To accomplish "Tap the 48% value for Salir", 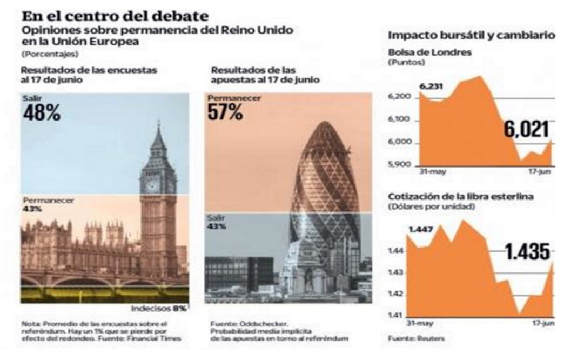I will coord(42,114).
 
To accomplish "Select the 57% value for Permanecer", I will coord(225,112).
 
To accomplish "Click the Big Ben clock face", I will coord(153,185).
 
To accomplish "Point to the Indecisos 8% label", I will coord(159,309).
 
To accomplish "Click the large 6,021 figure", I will coord(526,130).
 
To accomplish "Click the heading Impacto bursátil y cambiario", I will coord(471,36).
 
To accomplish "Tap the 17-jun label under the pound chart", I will coord(542,323).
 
